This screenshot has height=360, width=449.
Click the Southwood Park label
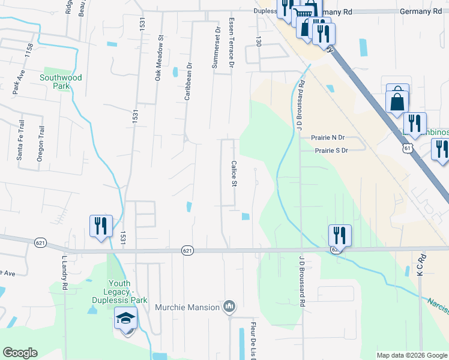coord(61,82)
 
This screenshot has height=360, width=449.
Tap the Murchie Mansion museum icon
coord(229,307)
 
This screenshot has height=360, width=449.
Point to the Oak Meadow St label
coord(159,58)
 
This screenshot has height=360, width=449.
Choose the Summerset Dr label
coord(215,47)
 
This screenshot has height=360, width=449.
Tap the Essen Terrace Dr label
coord(231,42)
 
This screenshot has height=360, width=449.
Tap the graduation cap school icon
coord(126,317)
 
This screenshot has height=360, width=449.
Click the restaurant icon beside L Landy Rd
coord(101,226)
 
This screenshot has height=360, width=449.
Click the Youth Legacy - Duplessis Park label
coord(128,292)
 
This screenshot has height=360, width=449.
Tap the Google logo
coord(20,353)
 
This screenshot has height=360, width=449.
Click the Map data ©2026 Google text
coord(411,355)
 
